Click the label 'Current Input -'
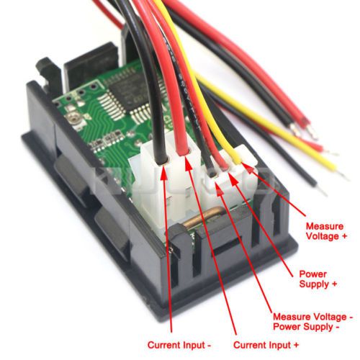tap(179, 345)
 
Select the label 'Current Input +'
tap(266, 345)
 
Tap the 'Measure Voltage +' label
tap(326, 231)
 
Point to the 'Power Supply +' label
tap(318, 279)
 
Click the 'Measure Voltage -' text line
tap(313, 317)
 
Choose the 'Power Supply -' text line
tap(307, 327)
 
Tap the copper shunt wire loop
tap(203, 217)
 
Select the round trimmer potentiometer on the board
tap(71, 117)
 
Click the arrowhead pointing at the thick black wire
tap(163, 172)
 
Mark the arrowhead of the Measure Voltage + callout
tap(247, 168)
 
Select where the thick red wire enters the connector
tap(184, 152)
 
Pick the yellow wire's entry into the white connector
tap(238, 161)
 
